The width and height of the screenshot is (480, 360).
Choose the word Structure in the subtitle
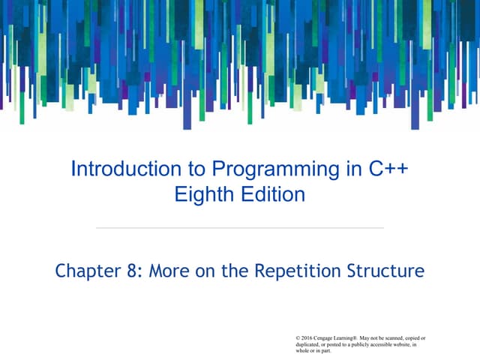click(387, 270)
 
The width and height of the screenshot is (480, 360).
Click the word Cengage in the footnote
click(329, 338)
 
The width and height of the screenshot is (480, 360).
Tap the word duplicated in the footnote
click(311, 344)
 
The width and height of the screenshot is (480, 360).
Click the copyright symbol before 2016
click(299, 338)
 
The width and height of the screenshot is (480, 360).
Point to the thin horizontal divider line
click(240, 227)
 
